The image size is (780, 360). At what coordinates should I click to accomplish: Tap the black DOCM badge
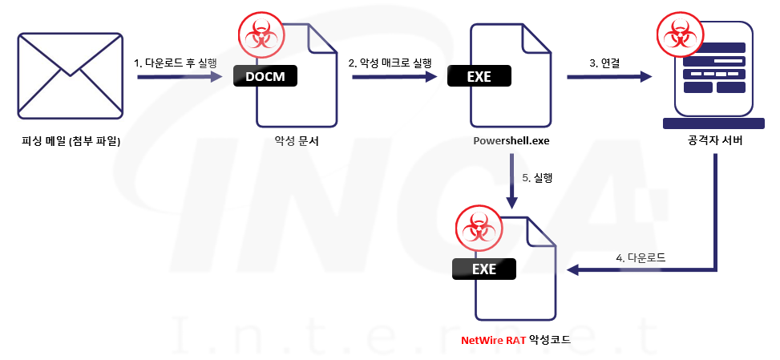(x=265, y=76)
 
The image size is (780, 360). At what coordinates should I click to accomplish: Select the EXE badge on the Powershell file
(x=479, y=77)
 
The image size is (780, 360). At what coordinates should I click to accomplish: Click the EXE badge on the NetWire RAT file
(x=484, y=269)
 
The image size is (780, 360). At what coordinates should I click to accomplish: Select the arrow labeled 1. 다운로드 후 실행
(x=178, y=78)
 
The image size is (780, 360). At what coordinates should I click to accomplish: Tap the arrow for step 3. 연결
(x=608, y=78)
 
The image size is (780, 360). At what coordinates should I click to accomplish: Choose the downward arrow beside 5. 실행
(x=510, y=180)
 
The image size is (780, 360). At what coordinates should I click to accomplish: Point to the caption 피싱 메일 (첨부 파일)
(x=71, y=143)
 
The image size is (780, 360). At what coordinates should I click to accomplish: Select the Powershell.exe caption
(x=511, y=142)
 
